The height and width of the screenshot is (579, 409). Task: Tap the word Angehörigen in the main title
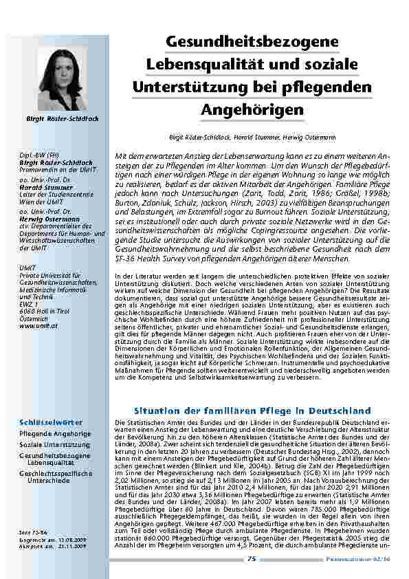(x=253, y=110)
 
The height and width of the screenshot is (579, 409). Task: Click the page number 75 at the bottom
(x=252, y=558)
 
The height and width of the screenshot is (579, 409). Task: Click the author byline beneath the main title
(x=253, y=137)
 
